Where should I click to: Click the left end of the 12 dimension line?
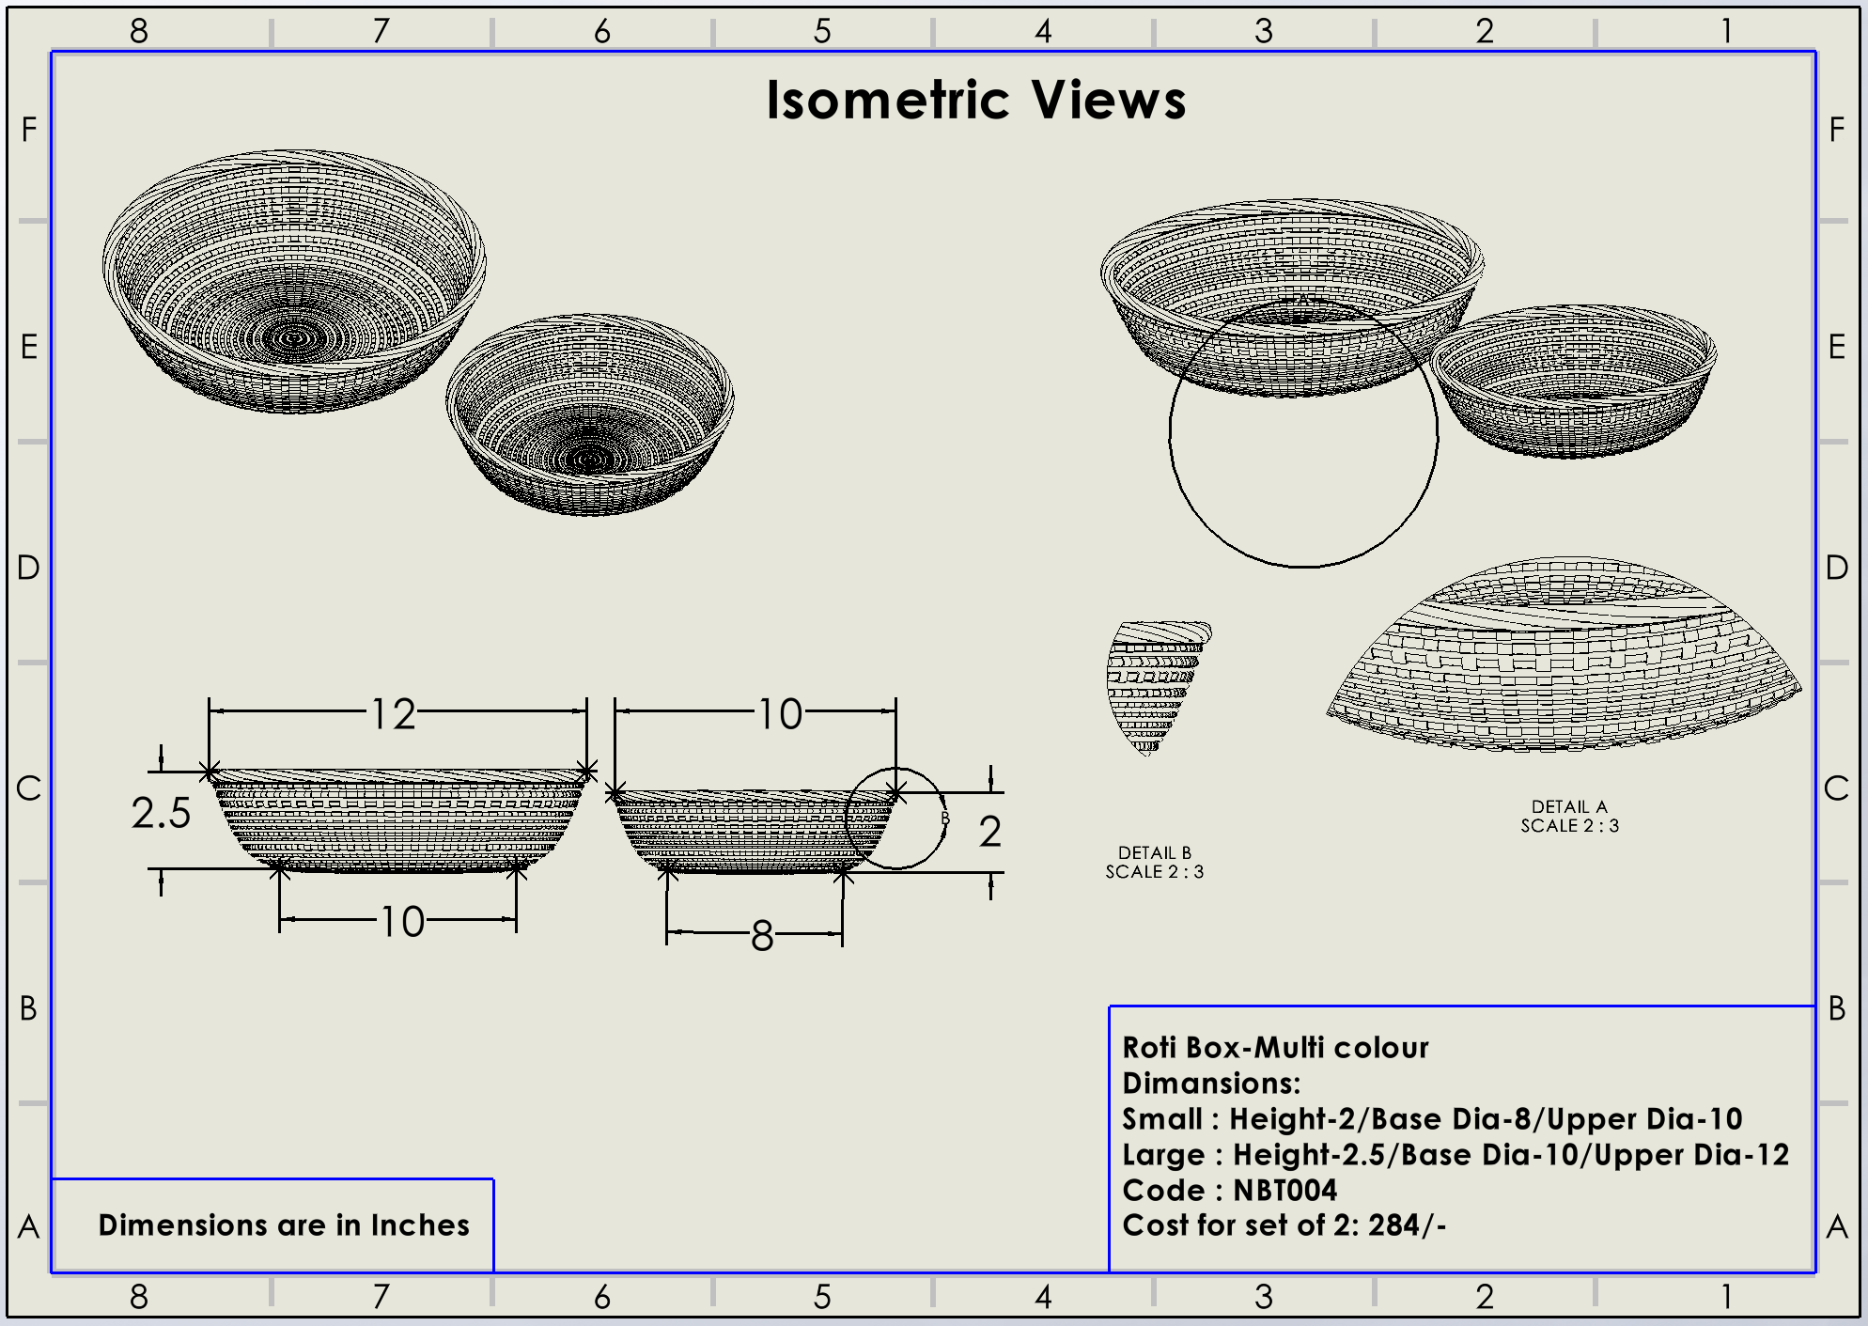pyautogui.click(x=209, y=711)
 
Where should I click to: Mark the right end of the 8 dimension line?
pyautogui.click(x=842, y=933)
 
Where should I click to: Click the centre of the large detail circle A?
pyautogui.click(x=1303, y=433)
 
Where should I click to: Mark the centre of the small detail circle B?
pyautogui.click(x=896, y=819)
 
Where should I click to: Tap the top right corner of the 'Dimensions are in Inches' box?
pyautogui.click(x=493, y=1179)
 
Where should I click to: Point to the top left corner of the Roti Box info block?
pyautogui.click(x=1110, y=1006)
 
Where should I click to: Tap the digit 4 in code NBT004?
pyautogui.click(x=1326, y=1191)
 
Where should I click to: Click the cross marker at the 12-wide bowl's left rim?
pyautogui.click(x=210, y=772)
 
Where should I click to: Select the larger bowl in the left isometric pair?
pyautogui.click(x=294, y=281)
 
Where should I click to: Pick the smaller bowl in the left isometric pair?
pyautogui.click(x=590, y=414)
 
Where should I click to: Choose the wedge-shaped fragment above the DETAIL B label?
pyautogui.click(x=1158, y=686)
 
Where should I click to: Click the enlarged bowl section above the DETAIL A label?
pyautogui.click(x=1564, y=655)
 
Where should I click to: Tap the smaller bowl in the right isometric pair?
pyautogui.click(x=1574, y=382)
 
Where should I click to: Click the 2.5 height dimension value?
pyautogui.click(x=161, y=813)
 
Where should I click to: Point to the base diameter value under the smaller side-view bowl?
pyautogui.click(x=762, y=936)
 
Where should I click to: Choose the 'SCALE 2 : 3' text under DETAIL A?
pyautogui.click(x=1570, y=826)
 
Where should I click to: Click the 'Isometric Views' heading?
pyautogui.click(x=976, y=100)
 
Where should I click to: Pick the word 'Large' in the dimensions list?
pyautogui.click(x=1163, y=1156)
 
